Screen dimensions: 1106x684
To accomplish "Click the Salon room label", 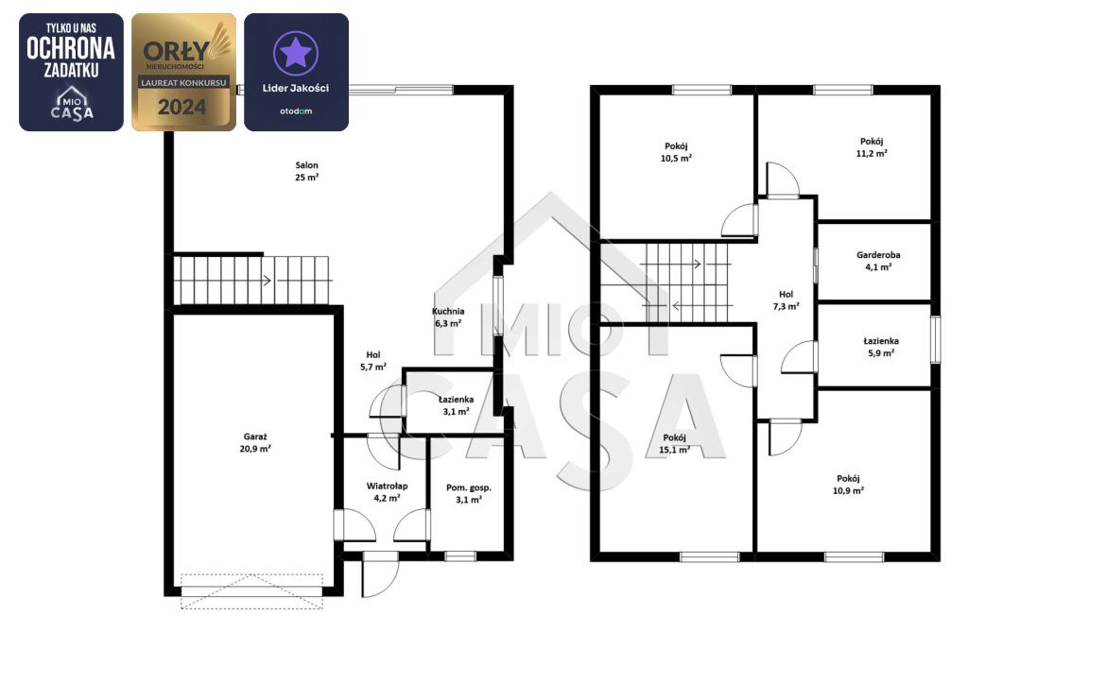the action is [307, 171].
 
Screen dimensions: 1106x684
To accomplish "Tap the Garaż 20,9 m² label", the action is [255, 443].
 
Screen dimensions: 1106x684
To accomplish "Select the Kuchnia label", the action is [448, 311].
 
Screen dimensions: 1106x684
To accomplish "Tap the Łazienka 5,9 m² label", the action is [881, 347].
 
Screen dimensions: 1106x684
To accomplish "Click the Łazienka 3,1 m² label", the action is [456, 405].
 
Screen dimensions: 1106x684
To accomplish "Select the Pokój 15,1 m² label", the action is [674, 443].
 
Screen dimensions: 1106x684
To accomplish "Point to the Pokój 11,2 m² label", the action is [872, 147].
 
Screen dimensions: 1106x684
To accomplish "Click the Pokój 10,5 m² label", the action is [676, 152].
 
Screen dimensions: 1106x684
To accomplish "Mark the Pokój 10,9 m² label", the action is [848, 485].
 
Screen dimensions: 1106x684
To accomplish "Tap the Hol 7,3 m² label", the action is [786, 300].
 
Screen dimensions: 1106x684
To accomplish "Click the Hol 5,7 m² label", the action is [373, 361].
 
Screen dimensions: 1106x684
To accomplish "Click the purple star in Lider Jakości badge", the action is [296, 53].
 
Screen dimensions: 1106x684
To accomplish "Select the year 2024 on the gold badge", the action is [182, 107].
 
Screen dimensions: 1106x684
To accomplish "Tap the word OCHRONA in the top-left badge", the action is [71, 49].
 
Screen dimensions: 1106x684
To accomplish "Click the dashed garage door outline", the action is [251, 590].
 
